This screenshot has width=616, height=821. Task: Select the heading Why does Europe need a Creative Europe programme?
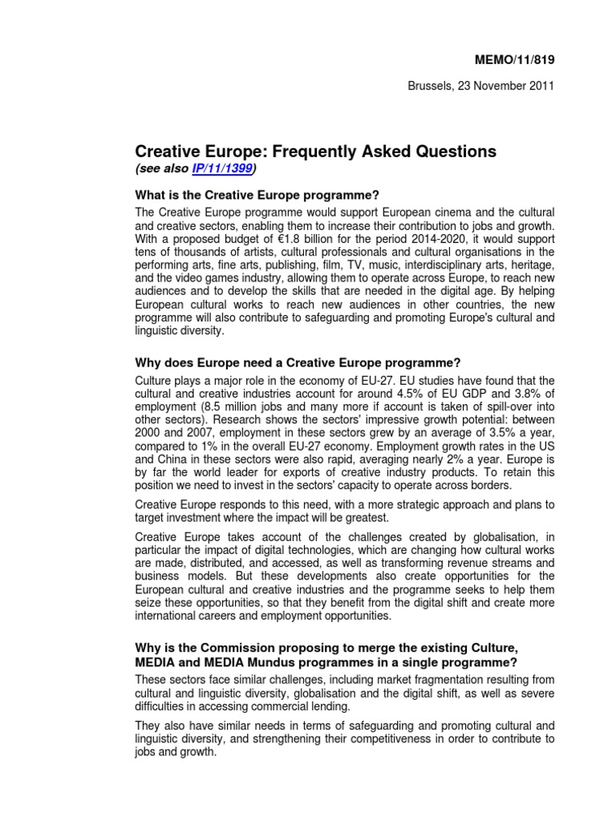pyautogui.click(x=298, y=362)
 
